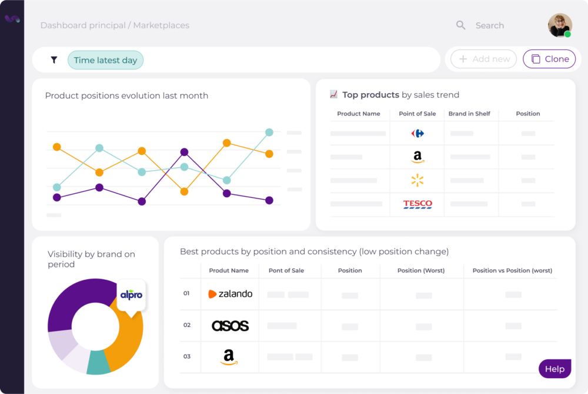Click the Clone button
pyautogui.click(x=549, y=59)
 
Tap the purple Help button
pyautogui.click(x=554, y=369)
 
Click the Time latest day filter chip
pyautogui.click(x=105, y=60)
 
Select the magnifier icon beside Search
pyautogui.click(x=461, y=25)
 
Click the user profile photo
pyautogui.click(x=560, y=25)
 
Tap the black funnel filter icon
pyautogui.click(x=54, y=60)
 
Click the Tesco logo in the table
pyautogui.click(x=417, y=204)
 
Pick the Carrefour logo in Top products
pyautogui.click(x=417, y=134)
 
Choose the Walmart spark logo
pyautogui.click(x=417, y=180)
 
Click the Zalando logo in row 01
pyautogui.click(x=230, y=294)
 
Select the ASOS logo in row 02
pyautogui.click(x=230, y=326)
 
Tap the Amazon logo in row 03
pyautogui.click(x=229, y=357)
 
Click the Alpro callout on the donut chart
pyautogui.click(x=131, y=294)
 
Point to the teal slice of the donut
pyautogui.click(x=98, y=365)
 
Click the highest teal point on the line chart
pyautogui.click(x=269, y=133)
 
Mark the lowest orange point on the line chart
pyautogui.click(x=184, y=191)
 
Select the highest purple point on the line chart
pyautogui.click(x=184, y=152)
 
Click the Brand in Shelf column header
pyautogui.click(x=469, y=114)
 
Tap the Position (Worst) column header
pyautogui.click(x=421, y=271)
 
